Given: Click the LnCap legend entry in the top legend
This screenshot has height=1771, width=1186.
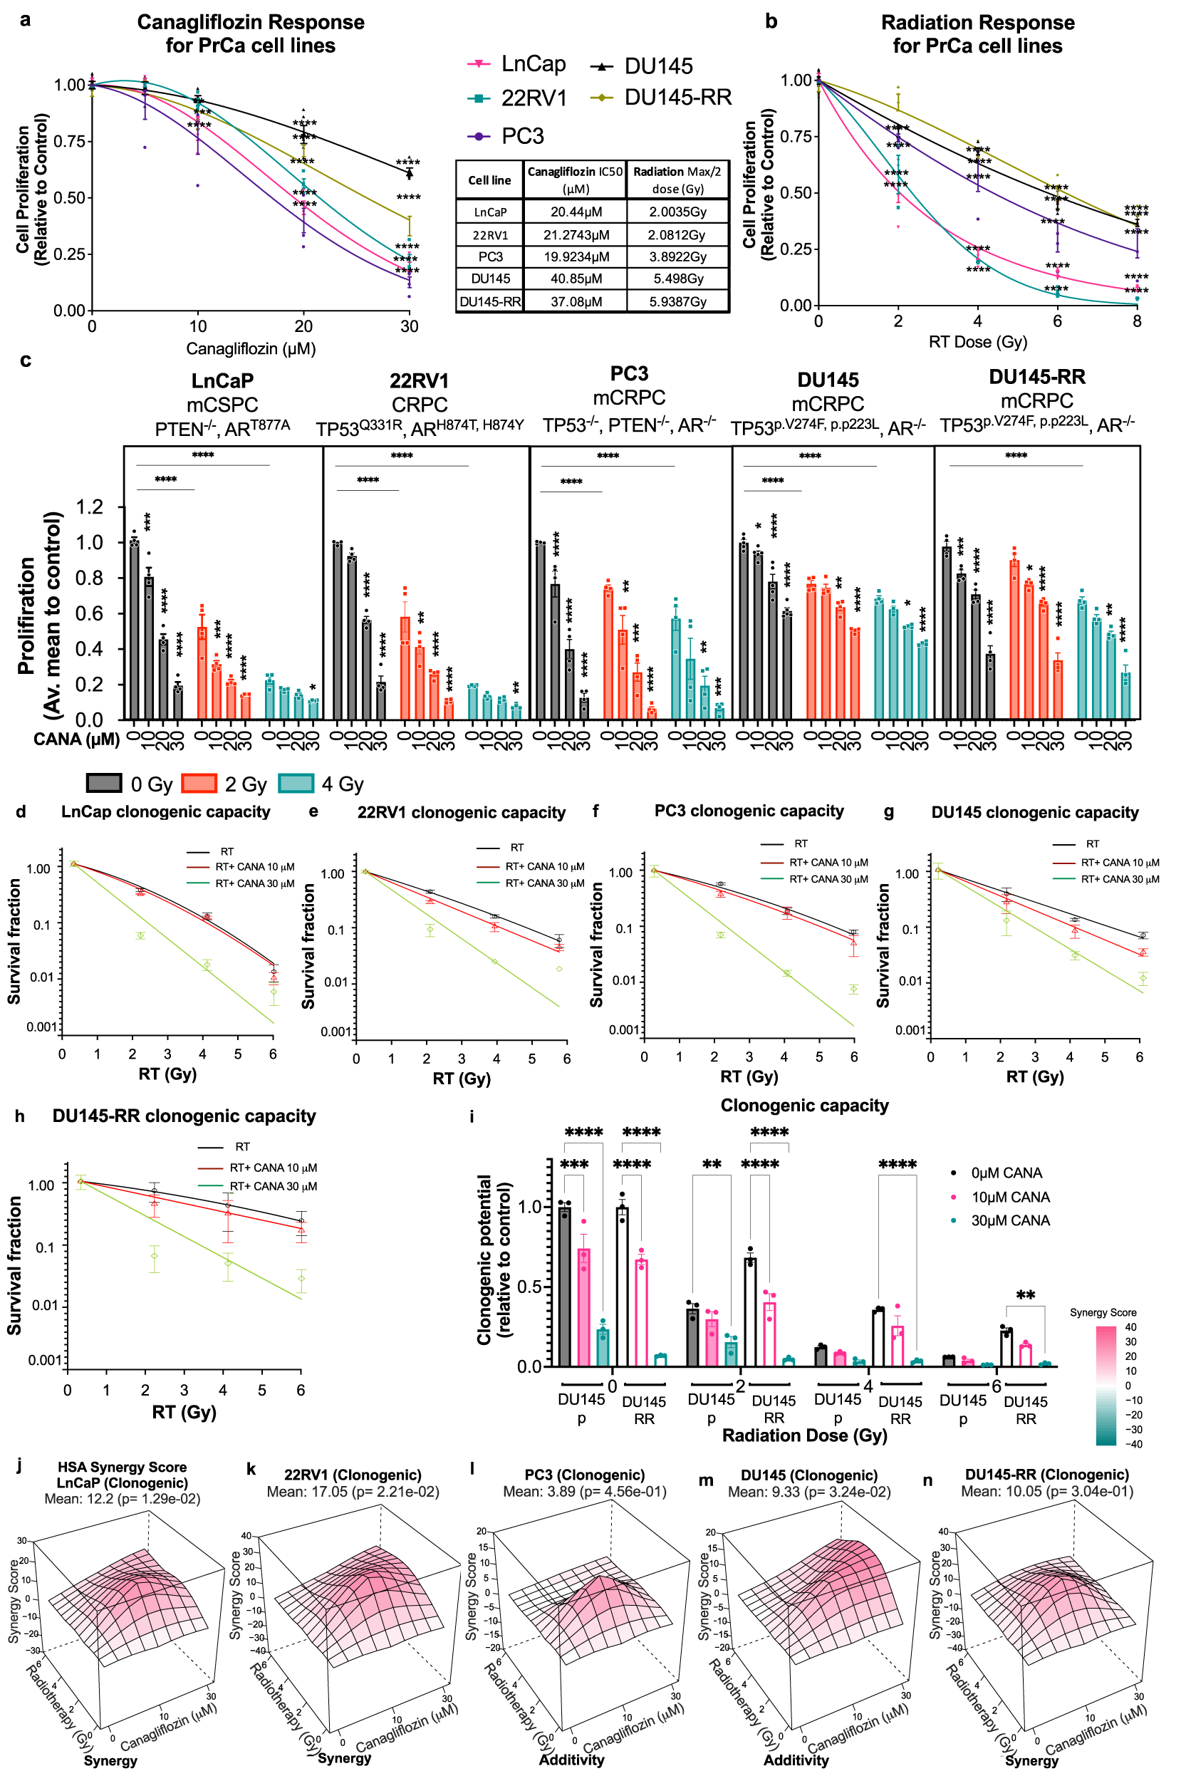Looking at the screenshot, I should pos(533,64).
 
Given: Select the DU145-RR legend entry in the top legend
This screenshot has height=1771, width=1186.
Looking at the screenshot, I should pos(677,98).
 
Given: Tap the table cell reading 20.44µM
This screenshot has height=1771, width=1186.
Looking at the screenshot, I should pos(576,212).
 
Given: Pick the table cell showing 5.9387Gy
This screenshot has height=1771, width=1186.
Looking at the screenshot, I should pos(677,302).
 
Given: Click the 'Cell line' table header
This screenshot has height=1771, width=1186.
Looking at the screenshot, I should pos(489,180).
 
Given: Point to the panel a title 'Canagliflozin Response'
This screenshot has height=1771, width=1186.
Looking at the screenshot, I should pos(250,22).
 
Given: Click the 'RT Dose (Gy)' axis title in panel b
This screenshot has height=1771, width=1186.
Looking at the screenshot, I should pos(977,342).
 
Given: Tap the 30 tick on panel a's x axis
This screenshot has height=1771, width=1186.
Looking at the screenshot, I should pos(409,327).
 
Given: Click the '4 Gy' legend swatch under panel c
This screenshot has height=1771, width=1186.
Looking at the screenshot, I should pos(296,784).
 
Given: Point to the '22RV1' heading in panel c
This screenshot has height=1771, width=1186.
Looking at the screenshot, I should pos(419,380).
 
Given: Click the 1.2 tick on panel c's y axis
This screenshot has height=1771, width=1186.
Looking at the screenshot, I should pos(90,507).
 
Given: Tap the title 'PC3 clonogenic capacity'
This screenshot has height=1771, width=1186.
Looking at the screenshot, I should pos(749,811).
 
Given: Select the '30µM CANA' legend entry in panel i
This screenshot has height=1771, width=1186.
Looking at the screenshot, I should pos(1010,1221).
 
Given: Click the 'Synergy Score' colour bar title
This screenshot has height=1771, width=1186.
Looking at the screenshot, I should pos(1102,1312).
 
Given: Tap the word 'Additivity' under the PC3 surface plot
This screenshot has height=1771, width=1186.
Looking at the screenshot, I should pos(571,1760).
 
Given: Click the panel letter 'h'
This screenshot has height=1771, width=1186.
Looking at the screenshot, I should pos(20,1116).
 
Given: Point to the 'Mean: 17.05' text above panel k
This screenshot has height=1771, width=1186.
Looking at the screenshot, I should pos(353,1491).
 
